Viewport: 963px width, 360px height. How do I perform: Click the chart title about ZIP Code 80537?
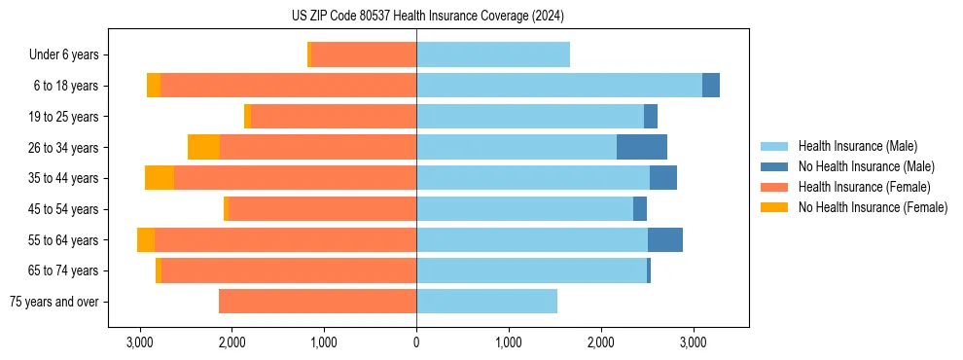427,16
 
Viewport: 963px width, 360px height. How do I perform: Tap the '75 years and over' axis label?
53,302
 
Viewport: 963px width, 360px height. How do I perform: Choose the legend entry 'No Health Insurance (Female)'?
873,206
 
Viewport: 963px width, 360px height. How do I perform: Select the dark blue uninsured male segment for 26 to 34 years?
642,147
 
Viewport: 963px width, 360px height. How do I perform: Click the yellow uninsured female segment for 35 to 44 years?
160,178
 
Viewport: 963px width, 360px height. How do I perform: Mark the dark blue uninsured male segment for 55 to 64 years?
665,239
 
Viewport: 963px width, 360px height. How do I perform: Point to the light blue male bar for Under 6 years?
493,54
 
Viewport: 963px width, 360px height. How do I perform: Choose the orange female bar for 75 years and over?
317,302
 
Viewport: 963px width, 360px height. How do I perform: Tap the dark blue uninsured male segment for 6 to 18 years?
711,86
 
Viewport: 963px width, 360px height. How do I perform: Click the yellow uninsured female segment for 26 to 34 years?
203,147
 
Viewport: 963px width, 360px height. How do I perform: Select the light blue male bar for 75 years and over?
486,302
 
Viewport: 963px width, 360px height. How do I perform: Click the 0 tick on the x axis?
416,342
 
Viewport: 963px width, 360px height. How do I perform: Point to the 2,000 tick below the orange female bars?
232,342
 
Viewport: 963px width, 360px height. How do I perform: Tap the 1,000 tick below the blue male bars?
509,342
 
